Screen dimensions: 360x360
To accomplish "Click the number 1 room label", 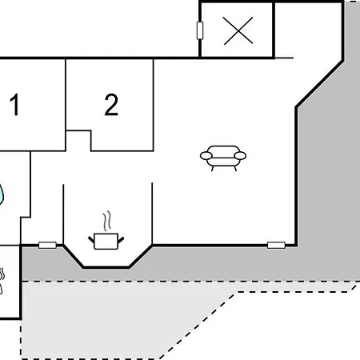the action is point(14,105).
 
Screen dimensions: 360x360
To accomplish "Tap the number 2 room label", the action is point(111,105).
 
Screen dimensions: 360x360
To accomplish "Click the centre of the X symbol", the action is point(238,30).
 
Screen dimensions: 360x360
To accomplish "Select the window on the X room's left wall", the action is point(200,30).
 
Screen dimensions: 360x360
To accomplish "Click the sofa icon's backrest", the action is point(223,150).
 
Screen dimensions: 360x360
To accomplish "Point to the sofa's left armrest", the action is point(206,156).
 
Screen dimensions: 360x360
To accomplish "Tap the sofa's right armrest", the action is point(240,156).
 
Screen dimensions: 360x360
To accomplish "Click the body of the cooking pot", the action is point(106,242).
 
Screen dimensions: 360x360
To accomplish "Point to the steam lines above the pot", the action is point(107,221).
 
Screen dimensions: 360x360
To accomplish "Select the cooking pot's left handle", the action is point(91,239).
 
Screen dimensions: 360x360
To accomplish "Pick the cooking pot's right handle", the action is point(121,239).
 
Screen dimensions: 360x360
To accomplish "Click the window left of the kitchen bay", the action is point(47,245).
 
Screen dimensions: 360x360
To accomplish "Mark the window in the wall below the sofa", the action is point(276,245).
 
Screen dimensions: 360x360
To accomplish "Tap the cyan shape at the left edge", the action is point(2,194).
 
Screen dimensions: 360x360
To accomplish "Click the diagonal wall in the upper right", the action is point(319,84).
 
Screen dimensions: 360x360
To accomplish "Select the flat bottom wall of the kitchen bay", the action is point(106,267).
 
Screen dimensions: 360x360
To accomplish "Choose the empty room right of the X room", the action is point(308,30).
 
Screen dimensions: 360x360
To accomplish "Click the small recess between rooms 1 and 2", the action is point(78,141).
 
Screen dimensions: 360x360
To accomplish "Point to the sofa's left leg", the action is point(213,169).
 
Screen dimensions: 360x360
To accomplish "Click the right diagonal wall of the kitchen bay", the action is point(141,256).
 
